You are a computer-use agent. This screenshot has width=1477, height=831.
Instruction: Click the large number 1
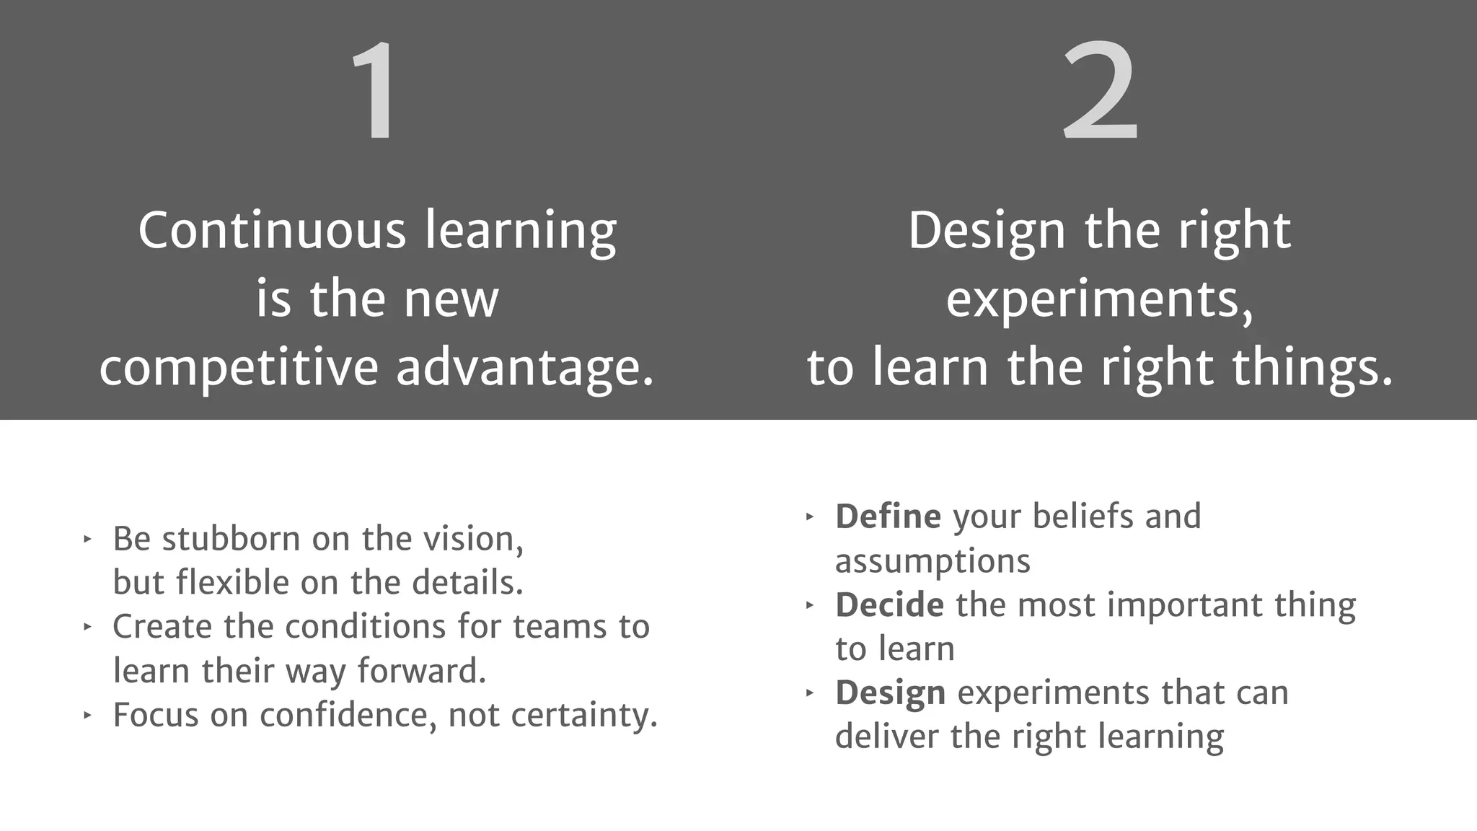[x=375, y=91]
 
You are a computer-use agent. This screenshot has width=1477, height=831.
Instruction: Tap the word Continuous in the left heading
[x=272, y=231]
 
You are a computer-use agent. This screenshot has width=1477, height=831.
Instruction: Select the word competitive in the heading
[x=239, y=368]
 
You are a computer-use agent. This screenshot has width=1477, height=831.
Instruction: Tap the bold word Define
[x=888, y=516]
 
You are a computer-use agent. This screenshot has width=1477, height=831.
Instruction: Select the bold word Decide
[x=889, y=604]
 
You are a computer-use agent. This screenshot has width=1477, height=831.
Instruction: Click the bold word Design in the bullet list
[x=890, y=693]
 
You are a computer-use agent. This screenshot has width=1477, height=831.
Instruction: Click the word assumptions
[x=933, y=561]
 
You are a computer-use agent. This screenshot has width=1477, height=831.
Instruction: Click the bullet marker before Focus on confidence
[x=87, y=716]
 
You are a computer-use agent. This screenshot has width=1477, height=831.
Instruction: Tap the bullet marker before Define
[x=810, y=516]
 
